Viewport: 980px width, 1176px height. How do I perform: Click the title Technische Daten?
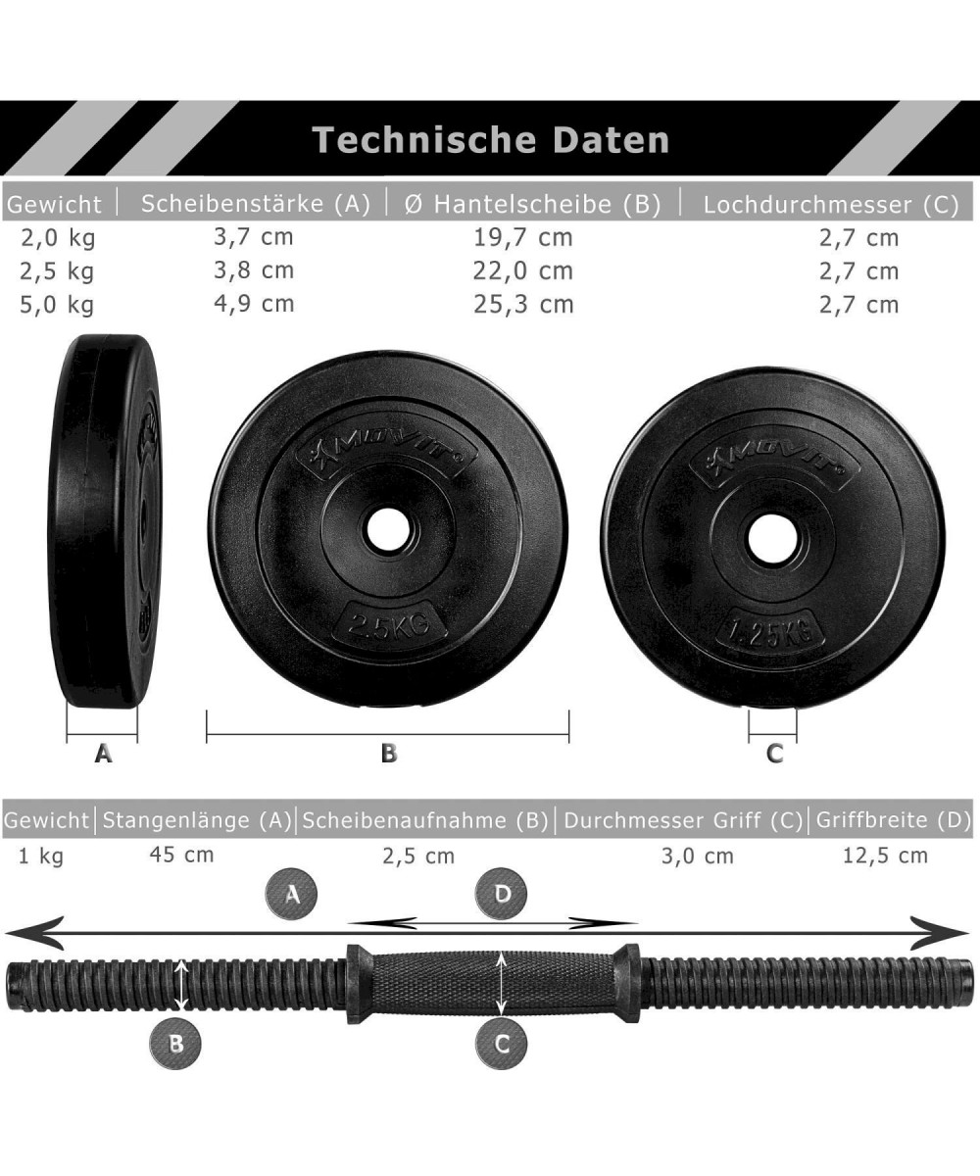(491, 140)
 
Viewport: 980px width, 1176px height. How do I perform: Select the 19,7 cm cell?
(522, 238)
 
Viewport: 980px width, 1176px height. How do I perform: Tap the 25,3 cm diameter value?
(523, 305)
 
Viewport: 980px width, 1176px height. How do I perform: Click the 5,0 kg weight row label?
(57, 305)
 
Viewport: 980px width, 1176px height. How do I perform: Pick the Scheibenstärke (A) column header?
(256, 204)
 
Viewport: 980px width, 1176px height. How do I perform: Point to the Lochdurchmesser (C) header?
(831, 205)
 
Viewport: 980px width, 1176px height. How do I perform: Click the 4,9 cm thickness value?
(254, 304)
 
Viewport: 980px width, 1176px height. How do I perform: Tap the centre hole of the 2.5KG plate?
(387, 529)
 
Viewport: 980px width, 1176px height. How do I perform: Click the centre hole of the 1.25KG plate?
(771, 539)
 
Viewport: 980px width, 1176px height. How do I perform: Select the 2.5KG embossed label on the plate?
(389, 624)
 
